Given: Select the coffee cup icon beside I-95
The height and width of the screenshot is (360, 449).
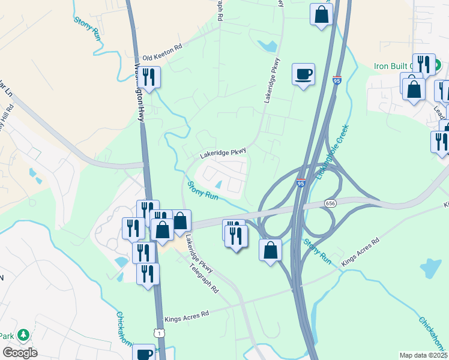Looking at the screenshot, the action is click(x=303, y=74).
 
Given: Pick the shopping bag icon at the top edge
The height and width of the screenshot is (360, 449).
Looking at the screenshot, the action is click(x=321, y=14).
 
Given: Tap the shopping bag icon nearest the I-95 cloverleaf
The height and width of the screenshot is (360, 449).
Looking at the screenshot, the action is click(x=270, y=249).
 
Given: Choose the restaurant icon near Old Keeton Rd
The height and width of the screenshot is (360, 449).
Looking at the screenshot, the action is click(x=149, y=77).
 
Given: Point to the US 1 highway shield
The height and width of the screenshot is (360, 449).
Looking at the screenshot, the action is click(x=157, y=332).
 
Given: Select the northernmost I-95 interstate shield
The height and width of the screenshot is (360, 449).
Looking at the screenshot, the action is click(x=337, y=80).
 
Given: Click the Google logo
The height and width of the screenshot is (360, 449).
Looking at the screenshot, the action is click(x=20, y=353).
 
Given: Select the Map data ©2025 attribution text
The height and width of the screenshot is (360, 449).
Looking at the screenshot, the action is click(x=424, y=355).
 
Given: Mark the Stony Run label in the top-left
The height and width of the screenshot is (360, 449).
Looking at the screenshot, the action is click(x=87, y=29).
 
